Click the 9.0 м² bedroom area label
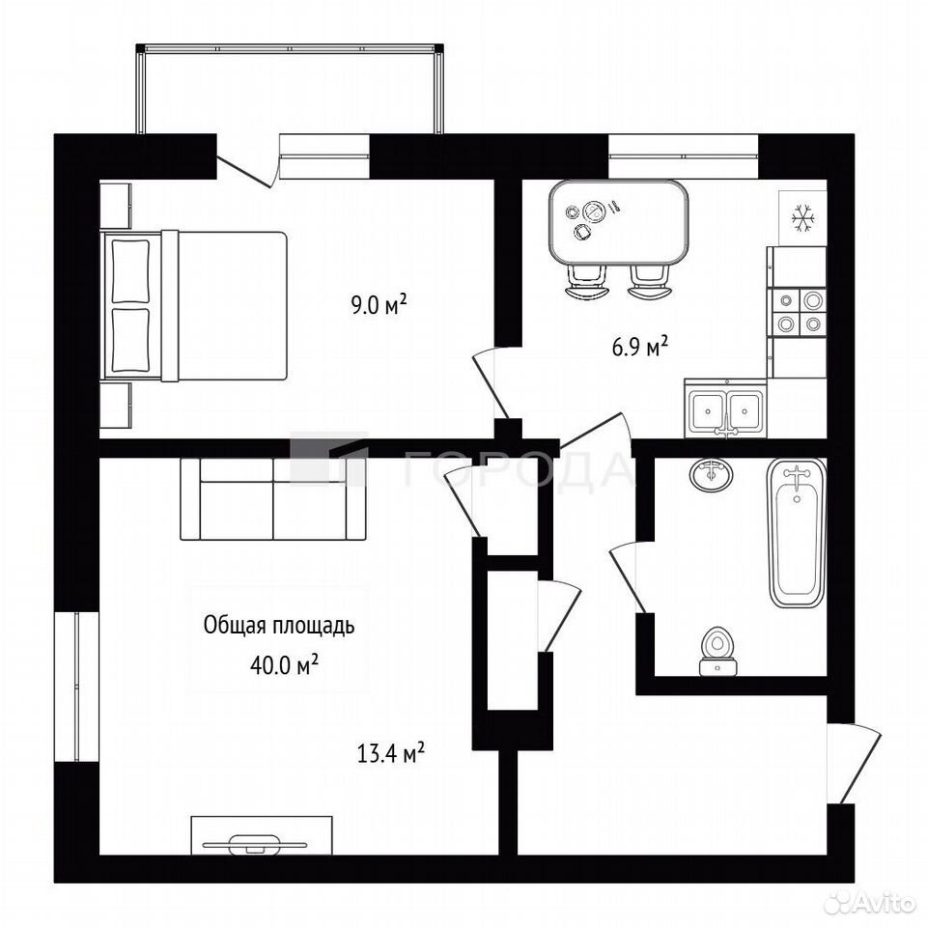click(379, 305)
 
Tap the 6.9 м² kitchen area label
click(640, 347)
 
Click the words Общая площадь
click(279, 625)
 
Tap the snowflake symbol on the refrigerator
click(803, 217)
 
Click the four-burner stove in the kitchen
click(797, 312)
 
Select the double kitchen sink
click(726, 408)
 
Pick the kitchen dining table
click(618, 223)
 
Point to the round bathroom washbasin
click(713, 474)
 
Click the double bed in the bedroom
click(194, 306)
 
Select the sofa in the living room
click(273, 499)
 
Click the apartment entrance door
click(855, 765)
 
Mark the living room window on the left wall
click(76, 686)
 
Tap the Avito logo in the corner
click(874, 903)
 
